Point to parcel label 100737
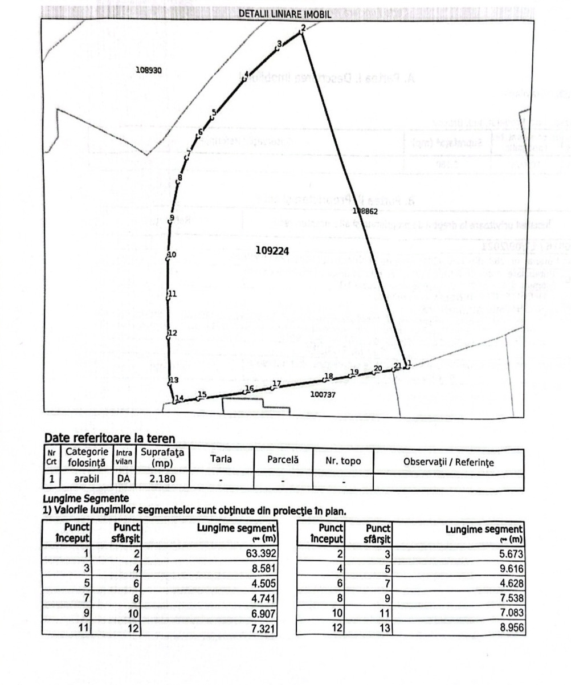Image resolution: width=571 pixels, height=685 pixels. [323, 394]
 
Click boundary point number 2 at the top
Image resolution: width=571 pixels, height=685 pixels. [303, 28]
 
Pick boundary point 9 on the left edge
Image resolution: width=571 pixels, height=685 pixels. [171, 218]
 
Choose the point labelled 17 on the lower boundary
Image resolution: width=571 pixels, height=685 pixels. [277, 384]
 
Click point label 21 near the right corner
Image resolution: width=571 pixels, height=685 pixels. [398, 366]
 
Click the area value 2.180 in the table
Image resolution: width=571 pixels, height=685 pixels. [162, 479]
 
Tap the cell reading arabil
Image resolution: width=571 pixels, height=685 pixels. [87, 479]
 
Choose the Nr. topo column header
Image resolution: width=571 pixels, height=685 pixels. [343, 460]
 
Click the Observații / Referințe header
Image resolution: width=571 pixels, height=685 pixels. [448, 462]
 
